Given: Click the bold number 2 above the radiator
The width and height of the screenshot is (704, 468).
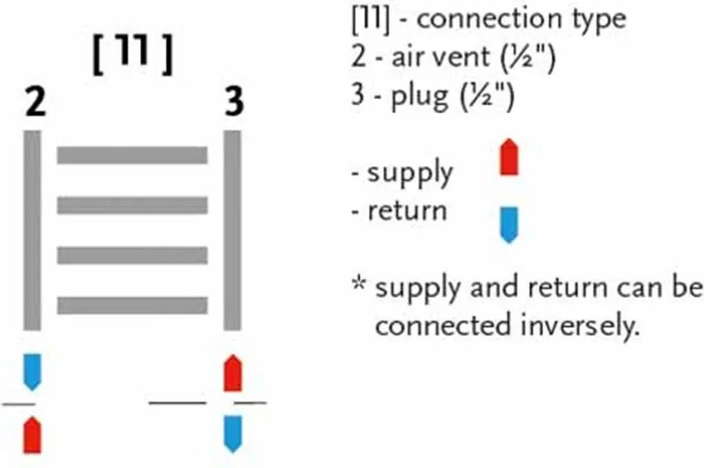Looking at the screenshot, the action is click(x=35, y=102).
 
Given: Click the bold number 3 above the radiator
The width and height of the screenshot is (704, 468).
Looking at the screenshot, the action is click(x=234, y=102).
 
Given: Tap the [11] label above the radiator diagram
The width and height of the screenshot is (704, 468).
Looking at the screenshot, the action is click(x=133, y=54).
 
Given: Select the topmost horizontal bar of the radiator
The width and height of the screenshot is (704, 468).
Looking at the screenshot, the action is click(x=132, y=155).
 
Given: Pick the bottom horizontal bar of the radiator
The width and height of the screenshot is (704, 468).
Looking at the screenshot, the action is click(x=132, y=306).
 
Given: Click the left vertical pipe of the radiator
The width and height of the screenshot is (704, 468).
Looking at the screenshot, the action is click(x=32, y=230).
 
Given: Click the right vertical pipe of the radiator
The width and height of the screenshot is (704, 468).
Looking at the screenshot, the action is click(x=232, y=230).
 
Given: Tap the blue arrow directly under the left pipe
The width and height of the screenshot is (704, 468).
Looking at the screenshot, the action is click(x=32, y=373).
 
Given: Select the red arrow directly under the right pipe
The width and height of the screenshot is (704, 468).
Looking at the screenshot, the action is click(x=233, y=373).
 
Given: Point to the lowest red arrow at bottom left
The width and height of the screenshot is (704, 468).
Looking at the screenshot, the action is click(x=32, y=434).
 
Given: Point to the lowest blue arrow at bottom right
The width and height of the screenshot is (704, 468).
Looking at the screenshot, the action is click(x=233, y=434).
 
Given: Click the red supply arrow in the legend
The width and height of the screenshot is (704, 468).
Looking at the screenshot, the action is click(x=509, y=157).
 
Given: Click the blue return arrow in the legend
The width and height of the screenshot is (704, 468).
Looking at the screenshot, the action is click(x=509, y=225).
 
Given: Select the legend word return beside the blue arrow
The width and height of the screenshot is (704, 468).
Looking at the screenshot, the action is click(x=408, y=211).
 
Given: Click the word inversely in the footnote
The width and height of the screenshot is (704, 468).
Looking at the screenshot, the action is click(x=580, y=325).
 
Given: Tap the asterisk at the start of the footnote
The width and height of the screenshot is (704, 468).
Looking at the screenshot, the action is click(x=359, y=283).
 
